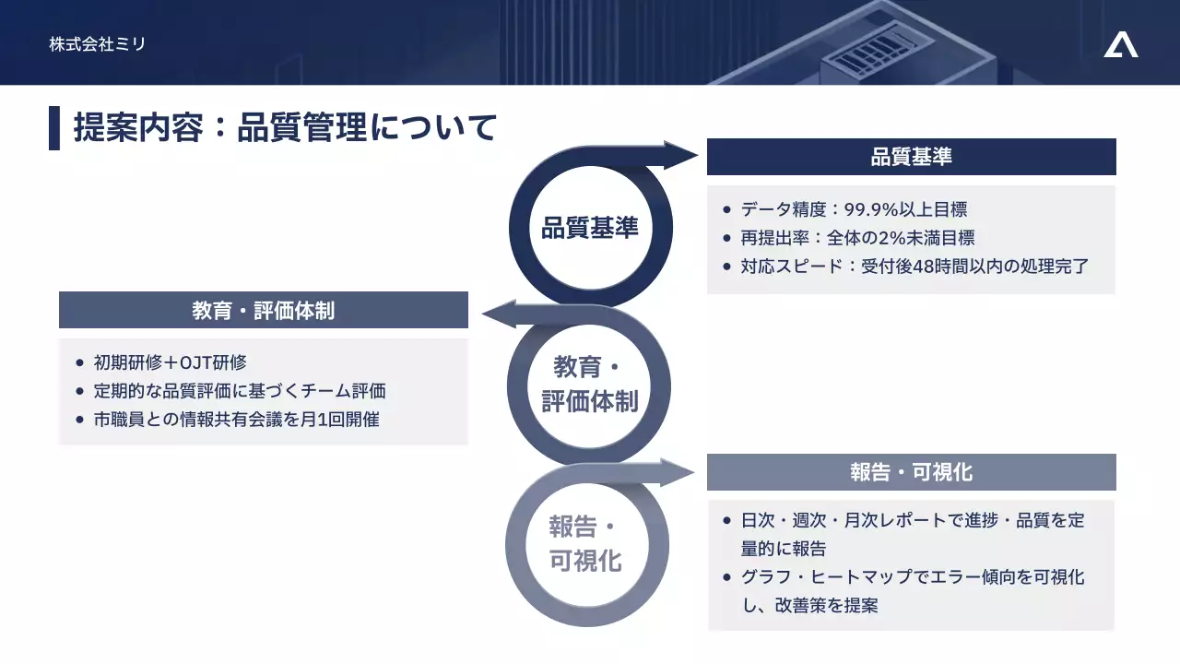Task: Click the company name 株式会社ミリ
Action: tap(98, 43)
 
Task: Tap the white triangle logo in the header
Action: tap(1120, 44)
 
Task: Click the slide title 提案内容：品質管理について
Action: tap(286, 127)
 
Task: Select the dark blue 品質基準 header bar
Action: tap(911, 157)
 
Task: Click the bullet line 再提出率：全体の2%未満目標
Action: tap(857, 239)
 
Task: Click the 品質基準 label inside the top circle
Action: tap(590, 228)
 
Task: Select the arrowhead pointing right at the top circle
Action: tap(682, 155)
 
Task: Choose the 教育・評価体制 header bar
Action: tap(264, 311)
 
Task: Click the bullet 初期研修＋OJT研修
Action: tap(171, 362)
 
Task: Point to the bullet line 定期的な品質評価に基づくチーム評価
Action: tap(240, 391)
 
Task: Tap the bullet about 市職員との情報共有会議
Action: tap(237, 420)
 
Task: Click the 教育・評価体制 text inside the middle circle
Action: tap(590, 385)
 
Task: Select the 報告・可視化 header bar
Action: tap(911, 472)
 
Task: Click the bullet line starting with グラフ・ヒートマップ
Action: tap(913, 578)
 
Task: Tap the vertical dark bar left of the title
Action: tap(54, 128)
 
